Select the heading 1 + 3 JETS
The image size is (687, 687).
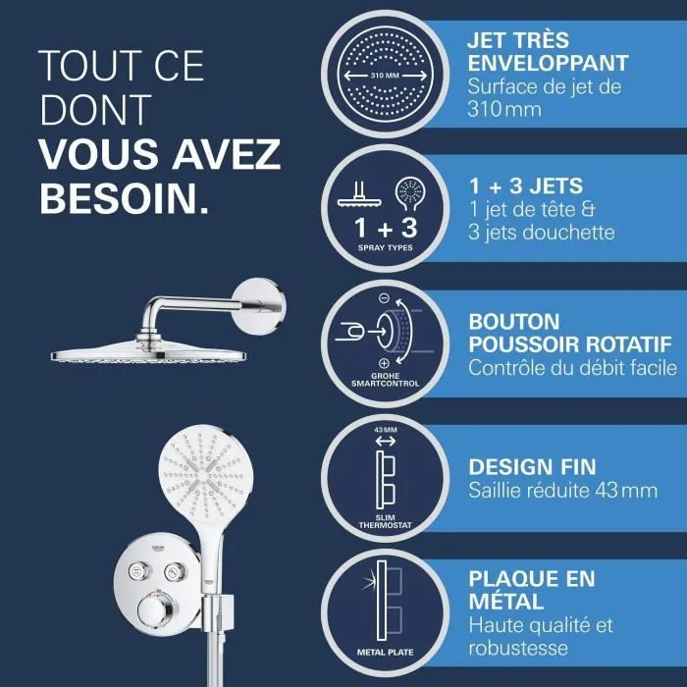point(526,185)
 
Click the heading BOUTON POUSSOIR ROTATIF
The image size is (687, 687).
point(570,333)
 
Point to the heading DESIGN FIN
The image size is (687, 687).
point(532,466)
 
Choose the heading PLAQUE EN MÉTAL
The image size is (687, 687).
point(532,589)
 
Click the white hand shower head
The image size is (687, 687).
point(205,470)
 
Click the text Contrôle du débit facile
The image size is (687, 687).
point(573,369)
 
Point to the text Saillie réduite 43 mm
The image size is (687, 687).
point(562,490)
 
